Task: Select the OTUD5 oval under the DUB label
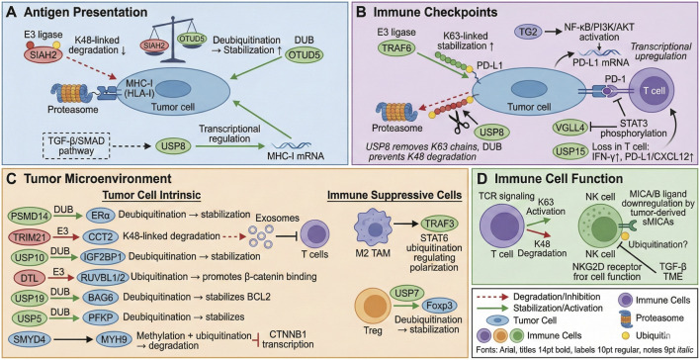(x=320, y=56)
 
